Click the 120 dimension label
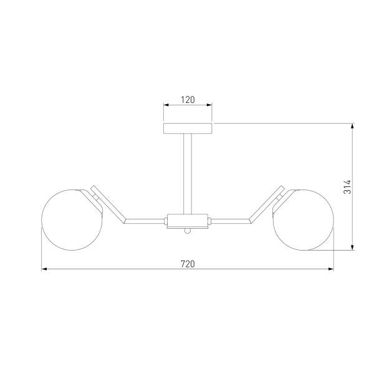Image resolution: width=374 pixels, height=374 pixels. pos(188,100)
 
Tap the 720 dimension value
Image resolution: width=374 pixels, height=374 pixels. pos(188,264)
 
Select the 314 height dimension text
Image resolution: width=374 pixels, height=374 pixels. pos(347,187)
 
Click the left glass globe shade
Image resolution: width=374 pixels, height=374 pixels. pos(72,220)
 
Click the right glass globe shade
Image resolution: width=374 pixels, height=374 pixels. pos(303,220)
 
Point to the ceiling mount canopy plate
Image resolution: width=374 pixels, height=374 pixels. pos(188,128)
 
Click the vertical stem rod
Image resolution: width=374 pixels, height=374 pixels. pos(188,174)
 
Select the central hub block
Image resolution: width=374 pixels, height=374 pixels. pos(187,221)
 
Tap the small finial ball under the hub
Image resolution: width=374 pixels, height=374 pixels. pos(188,231)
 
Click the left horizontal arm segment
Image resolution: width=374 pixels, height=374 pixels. pos(145,221)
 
